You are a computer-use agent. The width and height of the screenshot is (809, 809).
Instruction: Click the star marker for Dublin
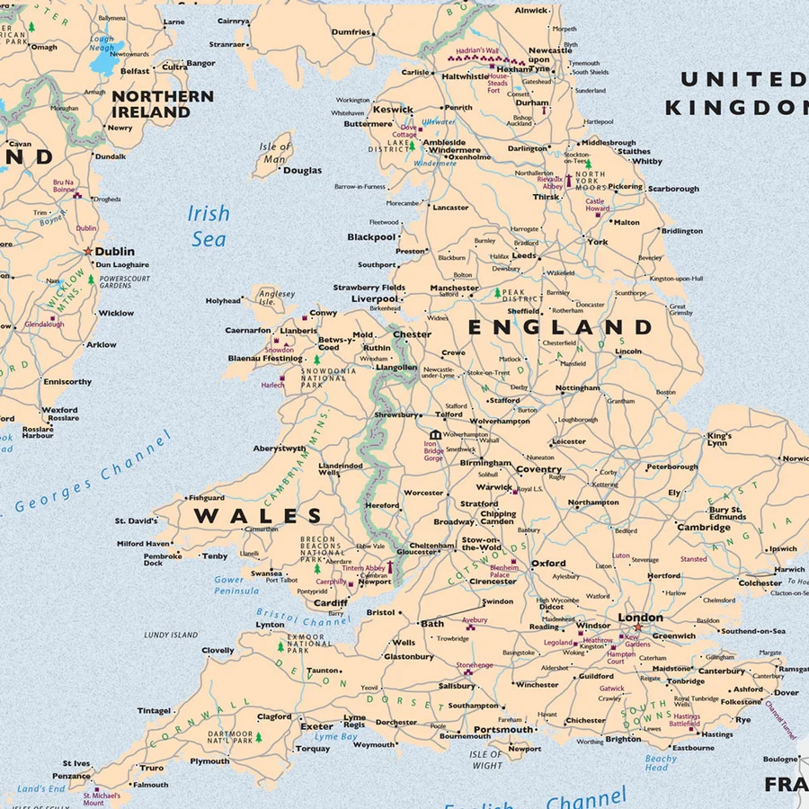tap(88, 252)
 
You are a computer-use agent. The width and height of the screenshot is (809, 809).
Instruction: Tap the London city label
tap(640, 618)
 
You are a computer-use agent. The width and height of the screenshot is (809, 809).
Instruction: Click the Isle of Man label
tap(275, 153)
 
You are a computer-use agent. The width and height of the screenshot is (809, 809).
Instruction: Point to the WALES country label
tap(259, 517)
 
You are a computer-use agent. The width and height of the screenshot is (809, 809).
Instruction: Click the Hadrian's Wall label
tap(476, 51)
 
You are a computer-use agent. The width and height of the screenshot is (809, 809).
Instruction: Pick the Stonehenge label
tap(475, 664)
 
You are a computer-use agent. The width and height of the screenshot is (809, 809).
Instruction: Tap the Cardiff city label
tap(330, 603)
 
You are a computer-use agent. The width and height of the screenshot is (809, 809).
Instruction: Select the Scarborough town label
tap(672, 189)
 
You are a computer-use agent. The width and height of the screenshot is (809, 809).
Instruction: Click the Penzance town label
tap(71, 776)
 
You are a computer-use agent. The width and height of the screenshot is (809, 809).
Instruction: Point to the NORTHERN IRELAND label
tap(163, 104)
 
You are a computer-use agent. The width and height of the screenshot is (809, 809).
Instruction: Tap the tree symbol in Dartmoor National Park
tap(258, 737)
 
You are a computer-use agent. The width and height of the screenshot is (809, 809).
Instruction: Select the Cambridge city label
tap(703, 528)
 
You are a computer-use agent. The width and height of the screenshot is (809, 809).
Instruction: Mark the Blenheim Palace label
tap(503, 572)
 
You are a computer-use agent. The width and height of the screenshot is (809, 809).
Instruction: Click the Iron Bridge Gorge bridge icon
tap(435, 434)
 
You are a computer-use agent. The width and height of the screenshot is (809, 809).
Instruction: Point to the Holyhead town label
tap(223, 301)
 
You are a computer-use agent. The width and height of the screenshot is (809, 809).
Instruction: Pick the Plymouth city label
tap(209, 760)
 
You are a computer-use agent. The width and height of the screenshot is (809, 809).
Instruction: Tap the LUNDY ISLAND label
tap(171, 635)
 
